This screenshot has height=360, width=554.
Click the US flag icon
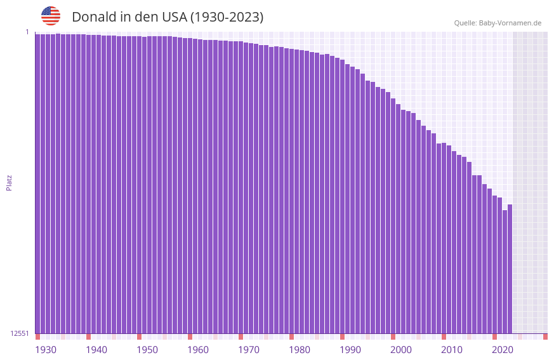[x=51, y=16]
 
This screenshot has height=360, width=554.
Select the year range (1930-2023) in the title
[x=227, y=17]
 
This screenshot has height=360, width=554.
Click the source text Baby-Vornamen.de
[x=510, y=23]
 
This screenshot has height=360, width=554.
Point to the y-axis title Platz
[x=9, y=182]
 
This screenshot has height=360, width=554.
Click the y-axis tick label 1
[x=27, y=32]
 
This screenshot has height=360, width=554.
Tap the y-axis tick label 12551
[x=20, y=333]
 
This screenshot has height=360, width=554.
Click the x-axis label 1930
[x=46, y=350]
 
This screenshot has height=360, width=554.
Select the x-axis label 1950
[x=147, y=350]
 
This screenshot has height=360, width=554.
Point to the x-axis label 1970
[x=249, y=350]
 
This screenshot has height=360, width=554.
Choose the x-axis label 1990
[x=350, y=350]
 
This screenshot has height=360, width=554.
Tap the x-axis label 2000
[x=401, y=350]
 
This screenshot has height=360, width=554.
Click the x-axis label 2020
[x=503, y=350]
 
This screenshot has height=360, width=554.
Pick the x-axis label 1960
[x=198, y=350]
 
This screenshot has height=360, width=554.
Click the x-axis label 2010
[x=452, y=350]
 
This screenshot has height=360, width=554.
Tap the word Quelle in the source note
[x=465, y=23]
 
